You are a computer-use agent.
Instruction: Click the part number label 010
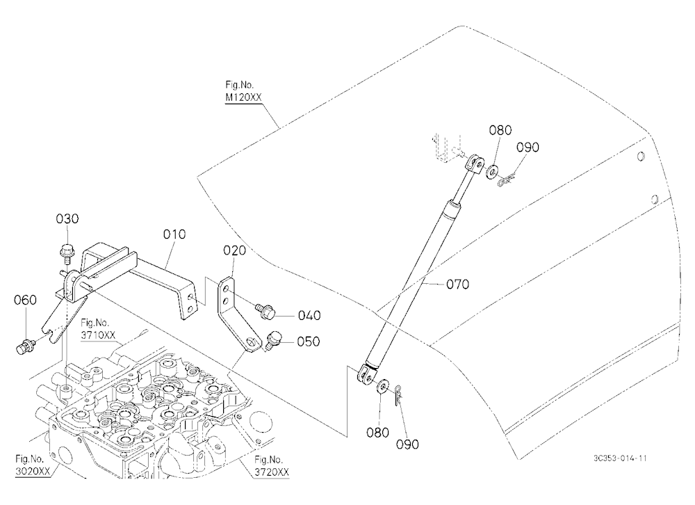[x=174, y=234]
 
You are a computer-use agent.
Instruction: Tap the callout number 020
[x=234, y=250]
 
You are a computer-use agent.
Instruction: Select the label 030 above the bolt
[x=67, y=219]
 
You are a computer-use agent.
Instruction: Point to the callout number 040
[x=309, y=316]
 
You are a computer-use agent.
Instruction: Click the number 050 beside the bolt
[x=309, y=342]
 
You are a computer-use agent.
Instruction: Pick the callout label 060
[x=25, y=300]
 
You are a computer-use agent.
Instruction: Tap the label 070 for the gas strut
[x=457, y=284]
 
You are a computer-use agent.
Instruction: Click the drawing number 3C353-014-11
[x=620, y=458]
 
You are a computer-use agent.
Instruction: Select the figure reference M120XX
[x=243, y=97]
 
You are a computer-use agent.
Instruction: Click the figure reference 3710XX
[x=98, y=335]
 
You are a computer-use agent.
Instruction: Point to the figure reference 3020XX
[x=33, y=471]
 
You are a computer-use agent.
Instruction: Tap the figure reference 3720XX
[x=272, y=472]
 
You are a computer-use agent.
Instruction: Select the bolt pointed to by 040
[x=265, y=311]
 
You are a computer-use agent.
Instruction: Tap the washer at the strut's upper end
[x=492, y=172]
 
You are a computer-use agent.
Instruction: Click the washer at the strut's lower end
[x=382, y=385]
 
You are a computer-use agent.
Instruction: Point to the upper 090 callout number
[x=528, y=147]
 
